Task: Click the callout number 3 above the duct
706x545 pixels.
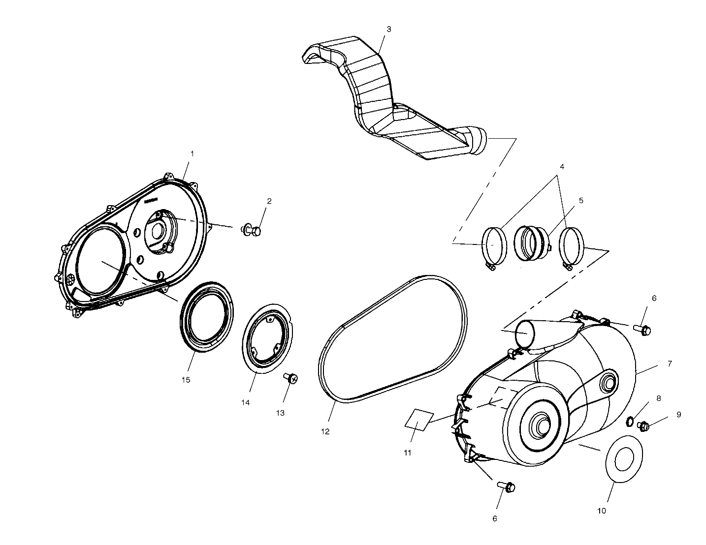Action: coord(388,29)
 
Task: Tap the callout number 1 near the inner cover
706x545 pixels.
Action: coord(192,153)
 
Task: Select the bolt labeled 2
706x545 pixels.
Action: coord(252,230)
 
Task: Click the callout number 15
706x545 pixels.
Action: coord(186,380)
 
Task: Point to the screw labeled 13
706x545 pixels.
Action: coord(291,378)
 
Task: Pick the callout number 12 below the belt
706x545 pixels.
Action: coord(325,431)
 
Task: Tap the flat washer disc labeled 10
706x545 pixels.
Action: coord(623,459)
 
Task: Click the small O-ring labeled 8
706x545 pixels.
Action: coord(630,421)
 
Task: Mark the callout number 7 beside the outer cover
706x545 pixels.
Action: coord(670,364)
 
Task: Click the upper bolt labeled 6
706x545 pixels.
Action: coord(643,330)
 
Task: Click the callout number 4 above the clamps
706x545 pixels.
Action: coord(562,167)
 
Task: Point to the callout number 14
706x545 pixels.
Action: coord(245,402)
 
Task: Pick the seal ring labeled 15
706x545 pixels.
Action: coord(206,317)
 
